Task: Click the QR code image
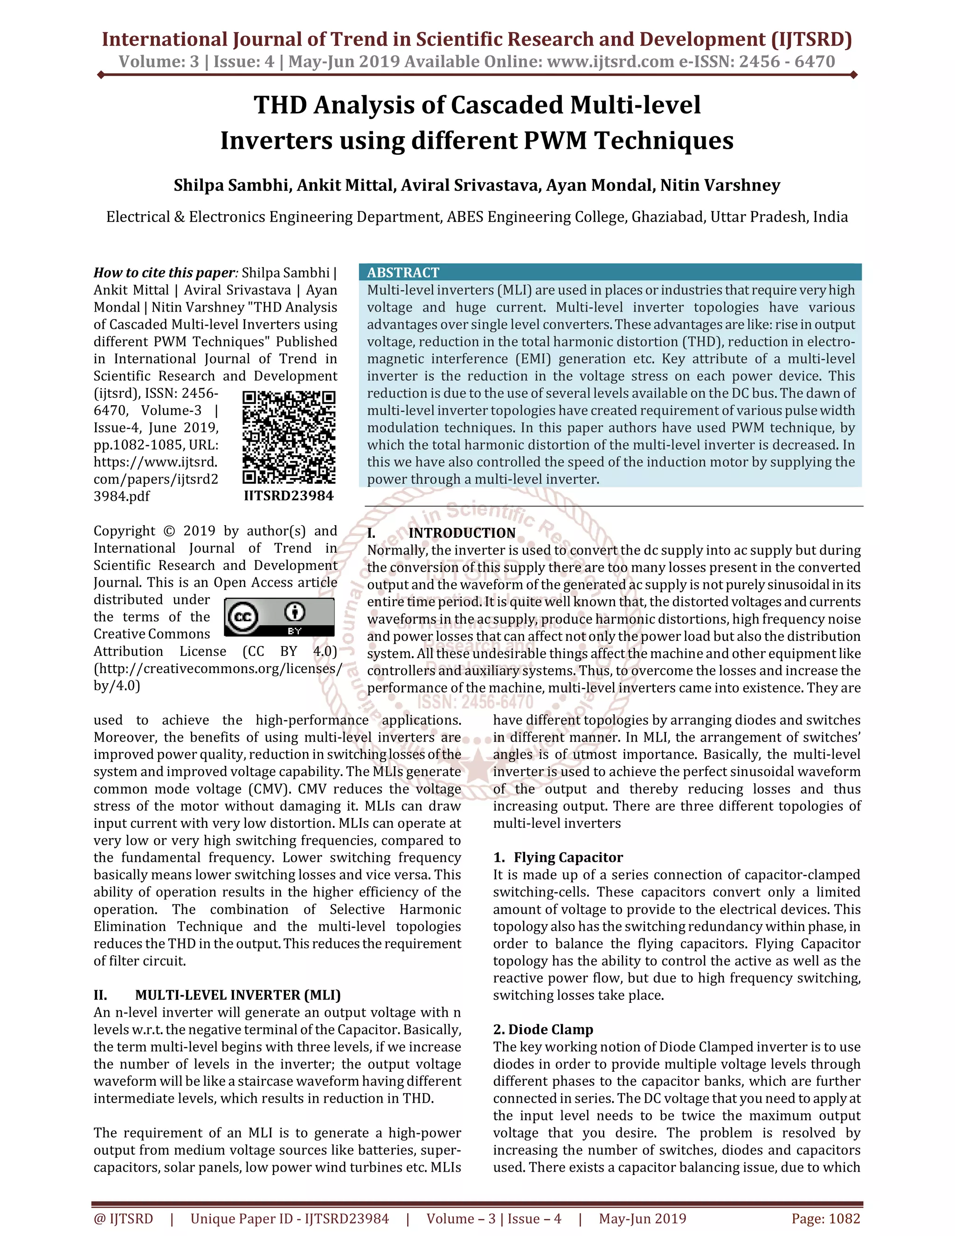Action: [x=289, y=437]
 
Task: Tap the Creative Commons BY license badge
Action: [x=279, y=617]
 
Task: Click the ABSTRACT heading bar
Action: [x=609, y=272]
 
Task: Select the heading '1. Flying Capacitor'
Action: [x=557, y=857]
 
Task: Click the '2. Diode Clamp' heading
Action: [x=543, y=1029]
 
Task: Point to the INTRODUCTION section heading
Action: [x=461, y=533]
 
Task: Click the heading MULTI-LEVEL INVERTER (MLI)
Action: [x=238, y=995]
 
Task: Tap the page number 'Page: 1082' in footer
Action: [x=825, y=1218]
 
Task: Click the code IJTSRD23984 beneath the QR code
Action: [x=289, y=496]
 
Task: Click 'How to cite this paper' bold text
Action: [x=164, y=273]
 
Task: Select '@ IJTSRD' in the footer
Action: [x=123, y=1218]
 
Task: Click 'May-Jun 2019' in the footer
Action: [x=642, y=1218]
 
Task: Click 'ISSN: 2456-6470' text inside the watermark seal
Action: [x=475, y=702]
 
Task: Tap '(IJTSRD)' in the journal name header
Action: [x=811, y=39]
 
